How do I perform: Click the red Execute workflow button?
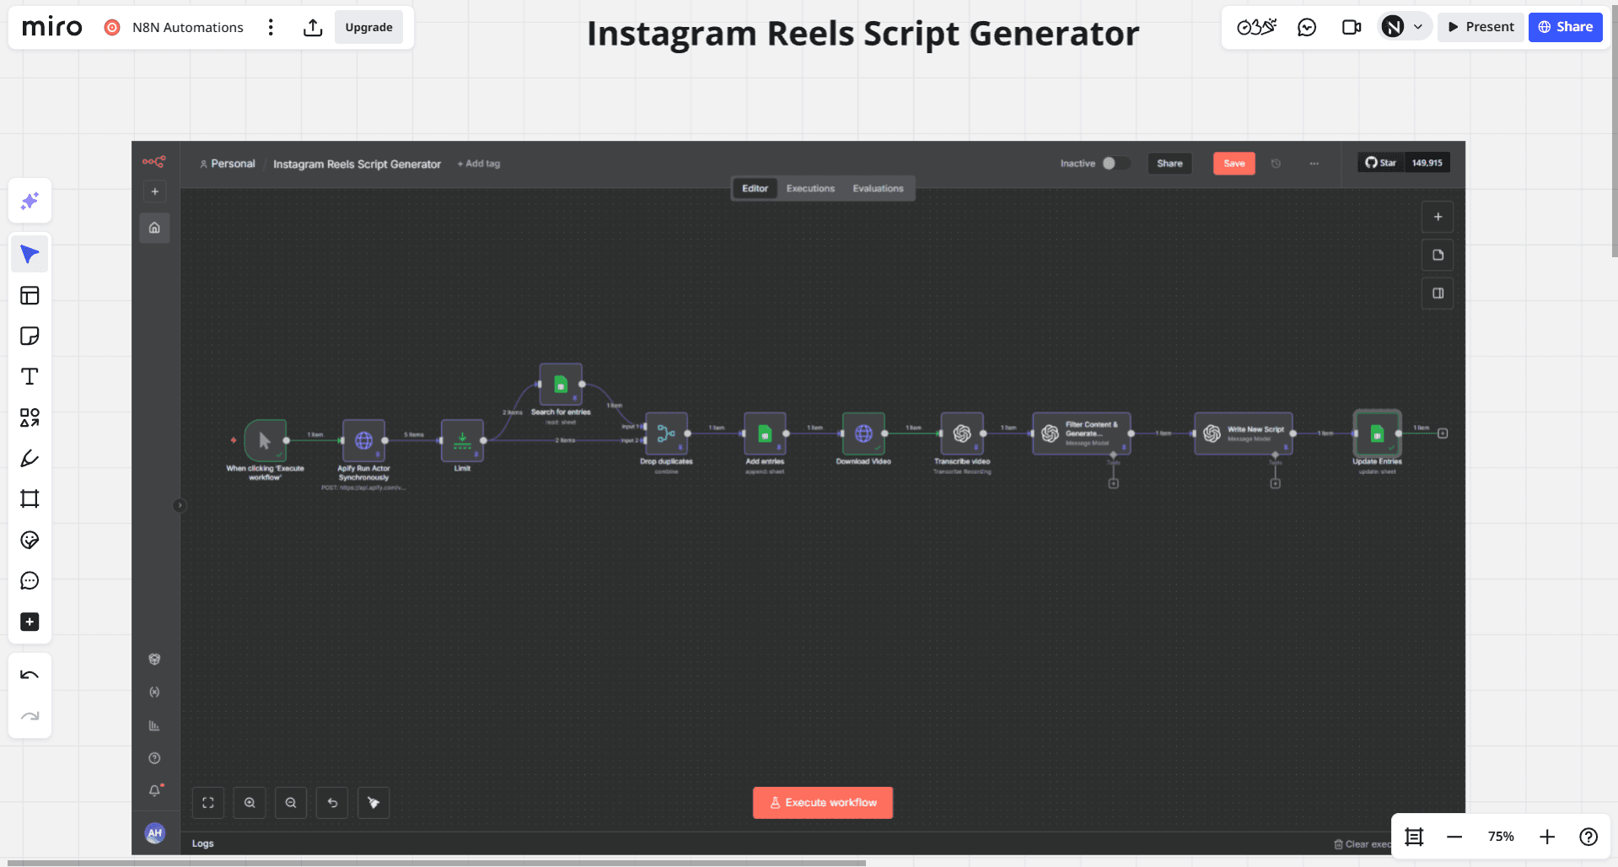click(x=822, y=802)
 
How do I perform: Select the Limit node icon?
click(x=462, y=440)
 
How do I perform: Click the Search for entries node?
click(x=561, y=385)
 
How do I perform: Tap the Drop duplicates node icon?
click(x=666, y=433)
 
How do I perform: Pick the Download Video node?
click(x=863, y=433)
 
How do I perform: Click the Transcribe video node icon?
click(x=962, y=433)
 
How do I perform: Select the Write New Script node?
click(x=1243, y=433)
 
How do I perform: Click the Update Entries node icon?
click(x=1377, y=433)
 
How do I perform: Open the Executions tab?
click(x=810, y=188)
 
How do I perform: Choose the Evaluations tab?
click(x=878, y=188)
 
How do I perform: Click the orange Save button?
click(x=1234, y=164)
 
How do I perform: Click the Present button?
click(x=1481, y=27)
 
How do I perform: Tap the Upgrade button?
click(x=368, y=27)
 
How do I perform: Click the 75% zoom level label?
click(x=1501, y=837)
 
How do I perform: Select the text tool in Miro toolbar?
click(x=30, y=377)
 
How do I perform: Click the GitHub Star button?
click(x=1381, y=163)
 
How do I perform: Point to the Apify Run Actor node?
click(x=363, y=440)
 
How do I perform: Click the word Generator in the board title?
click(x=1054, y=34)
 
